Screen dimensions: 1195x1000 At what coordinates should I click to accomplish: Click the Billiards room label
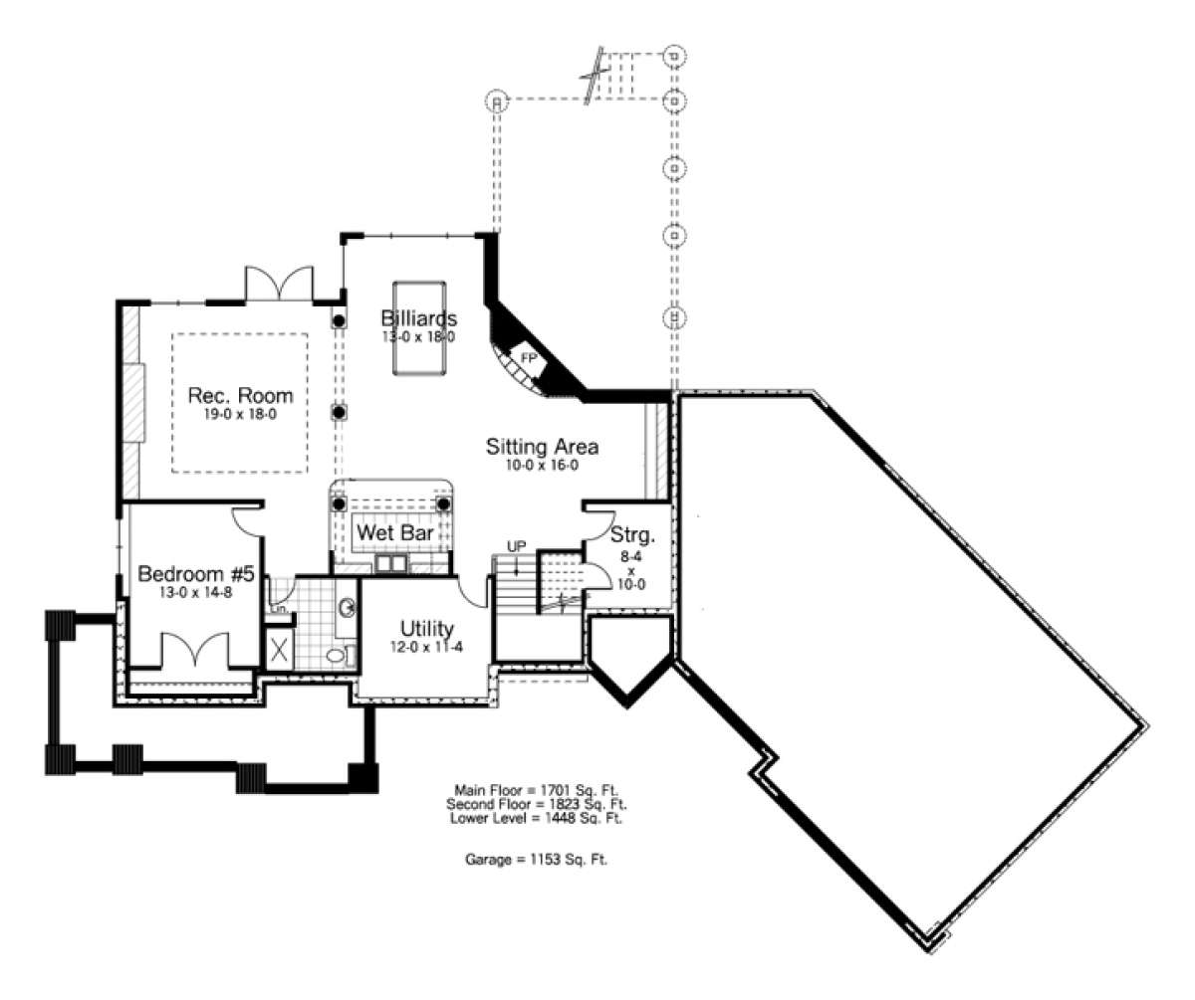click(x=419, y=317)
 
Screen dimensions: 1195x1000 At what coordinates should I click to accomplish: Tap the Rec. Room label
click(x=240, y=395)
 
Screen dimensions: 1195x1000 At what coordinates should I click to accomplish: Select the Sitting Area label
click(x=542, y=446)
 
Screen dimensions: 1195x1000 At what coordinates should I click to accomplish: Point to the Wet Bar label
click(x=394, y=533)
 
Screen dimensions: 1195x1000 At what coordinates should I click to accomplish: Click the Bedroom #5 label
click(x=196, y=573)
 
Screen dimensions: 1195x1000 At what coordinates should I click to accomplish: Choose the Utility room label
click(x=426, y=629)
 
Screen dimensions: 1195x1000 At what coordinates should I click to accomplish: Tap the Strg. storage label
click(x=632, y=535)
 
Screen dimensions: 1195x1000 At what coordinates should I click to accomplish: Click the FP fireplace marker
click(x=528, y=358)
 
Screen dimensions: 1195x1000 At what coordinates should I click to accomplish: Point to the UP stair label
click(x=516, y=546)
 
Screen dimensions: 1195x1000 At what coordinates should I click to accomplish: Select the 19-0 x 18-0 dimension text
click(x=240, y=414)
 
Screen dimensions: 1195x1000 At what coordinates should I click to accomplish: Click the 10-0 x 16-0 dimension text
click(x=542, y=465)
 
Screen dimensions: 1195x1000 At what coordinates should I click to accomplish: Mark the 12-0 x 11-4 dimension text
click(x=426, y=647)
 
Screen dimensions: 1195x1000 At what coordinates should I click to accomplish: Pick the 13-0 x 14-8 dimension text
click(x=196, y=592)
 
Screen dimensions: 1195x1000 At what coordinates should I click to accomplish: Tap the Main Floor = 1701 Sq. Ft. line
click(x=537, y=791)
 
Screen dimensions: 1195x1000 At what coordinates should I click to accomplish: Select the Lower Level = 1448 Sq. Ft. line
click(x=537, y=818)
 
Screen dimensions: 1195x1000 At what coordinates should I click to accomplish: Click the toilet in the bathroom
click(x=339, y=654)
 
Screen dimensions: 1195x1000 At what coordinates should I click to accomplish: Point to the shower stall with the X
click(x=279, y=650)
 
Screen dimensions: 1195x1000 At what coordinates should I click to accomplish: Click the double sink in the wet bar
click(x=391, y=564)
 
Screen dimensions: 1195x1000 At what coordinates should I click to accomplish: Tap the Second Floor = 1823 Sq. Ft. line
click(x=537, y=804)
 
